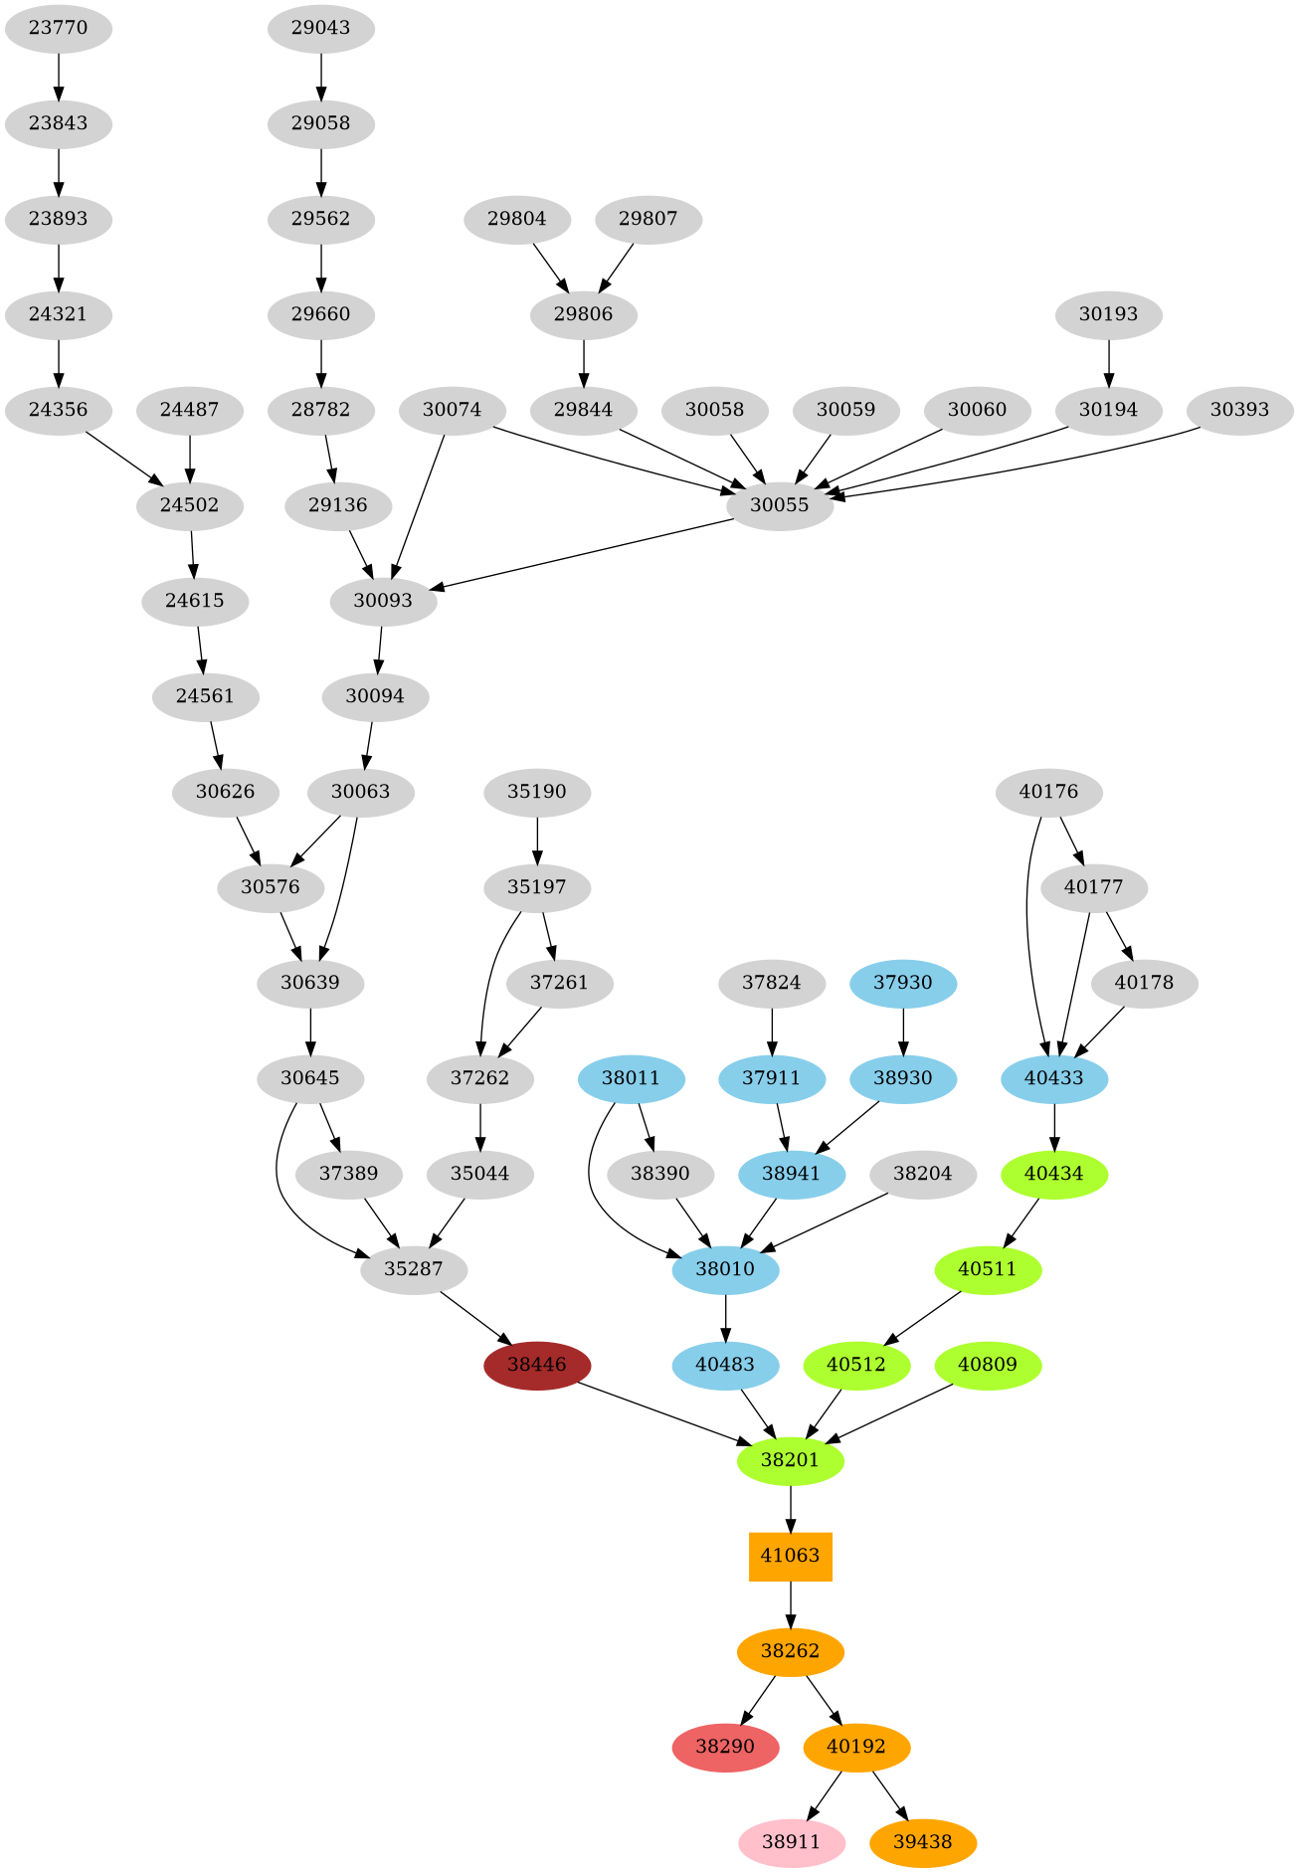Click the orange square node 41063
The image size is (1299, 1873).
click(790, 1556)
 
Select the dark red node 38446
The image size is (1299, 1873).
click(537, 1365)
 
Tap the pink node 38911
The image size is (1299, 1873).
click(792, 1842)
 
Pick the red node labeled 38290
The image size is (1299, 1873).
click(725, 1747)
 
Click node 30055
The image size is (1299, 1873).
click(780, 505)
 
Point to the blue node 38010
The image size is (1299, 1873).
click(725, 1269)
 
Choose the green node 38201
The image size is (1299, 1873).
click(790, 1460)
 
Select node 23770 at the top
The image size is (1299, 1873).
click(59, 28)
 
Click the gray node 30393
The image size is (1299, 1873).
click(1239, 410)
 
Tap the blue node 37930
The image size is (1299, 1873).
click(903, 983)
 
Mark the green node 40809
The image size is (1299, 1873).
click(988, 1365)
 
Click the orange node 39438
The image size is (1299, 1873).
click(923, 1842)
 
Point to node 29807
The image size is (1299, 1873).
click(648, 219)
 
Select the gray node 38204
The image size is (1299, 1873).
click(923, 1174)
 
